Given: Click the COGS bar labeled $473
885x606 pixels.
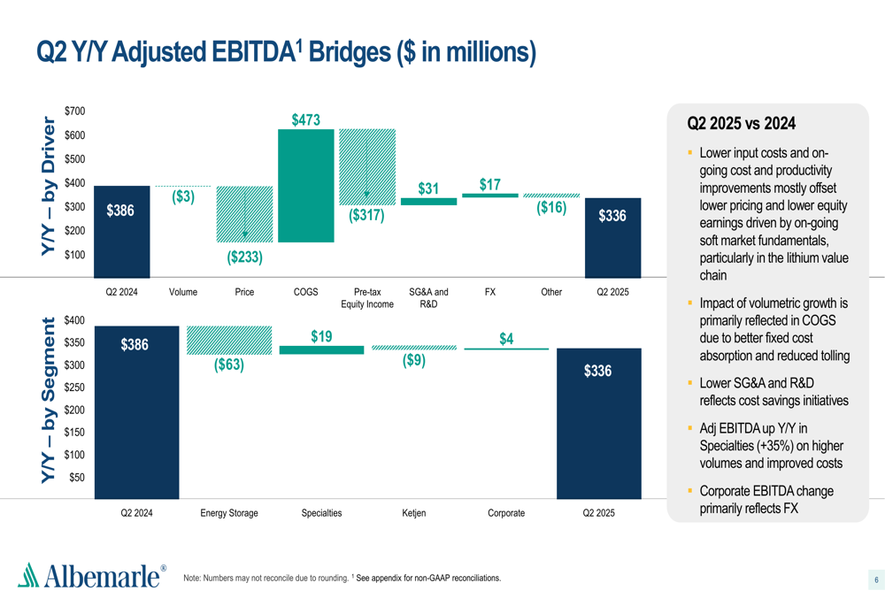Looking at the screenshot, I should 305,186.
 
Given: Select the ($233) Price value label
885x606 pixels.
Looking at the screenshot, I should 244,257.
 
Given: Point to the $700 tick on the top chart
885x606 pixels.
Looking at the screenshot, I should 75,111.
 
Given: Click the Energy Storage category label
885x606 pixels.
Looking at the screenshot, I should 228,513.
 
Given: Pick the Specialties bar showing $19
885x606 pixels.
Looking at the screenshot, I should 321,350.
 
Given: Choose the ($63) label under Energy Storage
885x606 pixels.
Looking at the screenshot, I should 228,364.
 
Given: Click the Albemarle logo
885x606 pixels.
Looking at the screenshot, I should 91,576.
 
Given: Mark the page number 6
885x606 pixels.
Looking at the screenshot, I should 876,580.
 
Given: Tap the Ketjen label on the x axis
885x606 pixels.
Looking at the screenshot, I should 413,513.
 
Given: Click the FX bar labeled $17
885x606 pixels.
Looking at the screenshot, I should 490,195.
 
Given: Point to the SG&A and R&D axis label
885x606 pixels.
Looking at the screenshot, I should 428,298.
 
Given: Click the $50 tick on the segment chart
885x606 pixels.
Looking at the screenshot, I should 77,477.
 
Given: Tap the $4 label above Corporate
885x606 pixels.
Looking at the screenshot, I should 506,339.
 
